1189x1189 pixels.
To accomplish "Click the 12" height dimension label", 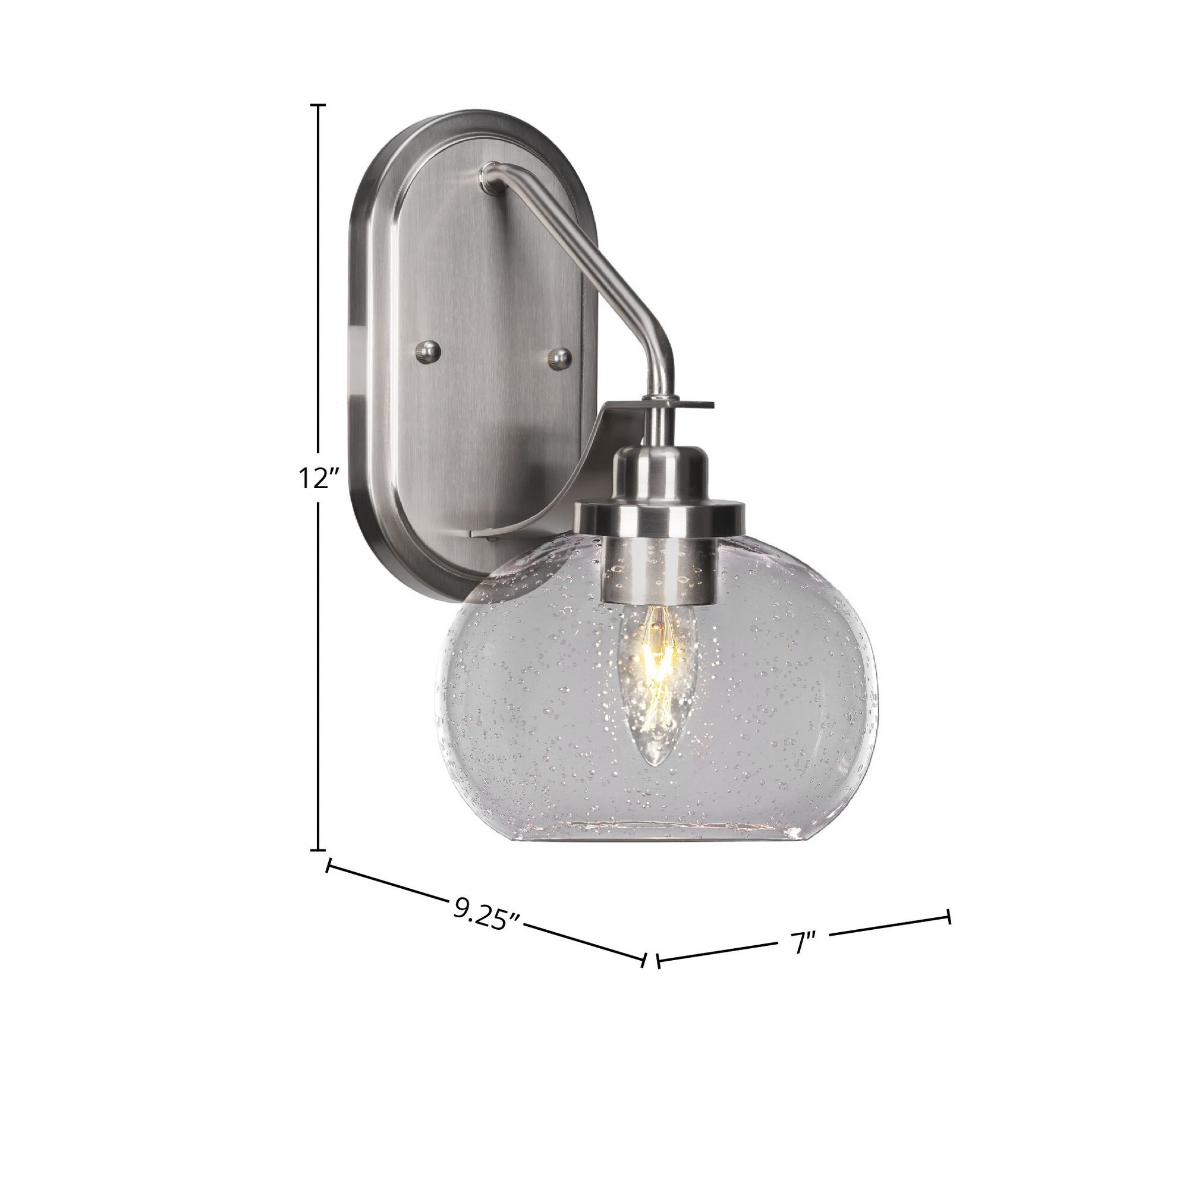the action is pyautogui.click(x=319, y=477).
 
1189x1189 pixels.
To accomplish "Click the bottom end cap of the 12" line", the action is pyautogui.click(x=317, y=851).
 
